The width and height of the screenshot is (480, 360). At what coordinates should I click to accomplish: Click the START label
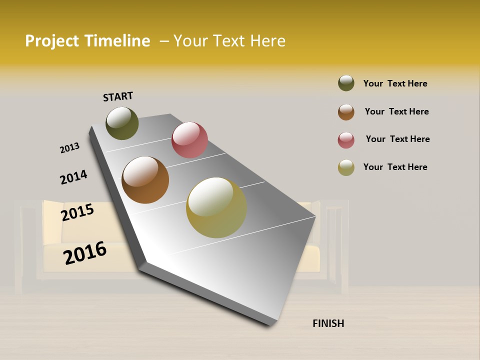coord(118,96)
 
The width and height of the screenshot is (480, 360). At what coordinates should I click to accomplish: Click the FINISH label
coord(328,323)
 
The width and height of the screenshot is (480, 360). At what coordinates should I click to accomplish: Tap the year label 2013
coord(69,148)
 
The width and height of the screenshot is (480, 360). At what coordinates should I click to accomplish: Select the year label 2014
coord(73,177)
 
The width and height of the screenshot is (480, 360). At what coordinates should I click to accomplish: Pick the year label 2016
coord(85,252)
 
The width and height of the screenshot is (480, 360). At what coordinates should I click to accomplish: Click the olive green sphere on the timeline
coord(122,123)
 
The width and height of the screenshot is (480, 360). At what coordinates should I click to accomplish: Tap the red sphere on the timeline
coord(189,139)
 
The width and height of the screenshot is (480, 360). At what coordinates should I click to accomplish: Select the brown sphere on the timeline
coord(145,180)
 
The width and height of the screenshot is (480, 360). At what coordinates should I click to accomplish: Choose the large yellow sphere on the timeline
coord(216,207)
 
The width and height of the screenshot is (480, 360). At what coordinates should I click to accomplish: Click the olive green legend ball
coord(346,83)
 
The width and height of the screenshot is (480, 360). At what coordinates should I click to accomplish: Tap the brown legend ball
coord(346,112)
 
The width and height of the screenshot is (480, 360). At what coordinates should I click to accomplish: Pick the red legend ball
coord(346,140)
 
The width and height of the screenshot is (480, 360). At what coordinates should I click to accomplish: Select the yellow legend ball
coord(346,167)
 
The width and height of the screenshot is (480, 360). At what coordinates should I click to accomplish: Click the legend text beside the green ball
coord(395,83)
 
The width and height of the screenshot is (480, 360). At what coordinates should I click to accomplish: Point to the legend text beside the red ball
coord(397,139)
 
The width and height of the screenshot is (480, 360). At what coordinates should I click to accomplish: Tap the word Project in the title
coord(52,41)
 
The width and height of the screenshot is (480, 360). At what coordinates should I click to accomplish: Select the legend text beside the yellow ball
coord(395,167)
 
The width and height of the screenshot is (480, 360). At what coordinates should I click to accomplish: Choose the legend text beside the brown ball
coord(396,111)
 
